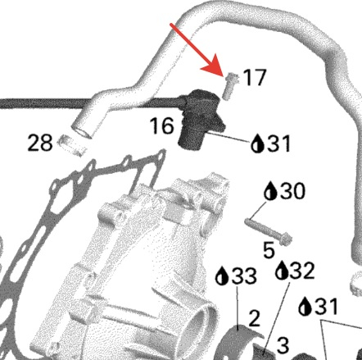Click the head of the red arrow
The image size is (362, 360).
click(215, 66)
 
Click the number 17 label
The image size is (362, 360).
click(254, 77)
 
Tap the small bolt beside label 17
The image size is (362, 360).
click(230, 85)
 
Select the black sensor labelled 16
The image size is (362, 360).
click(201, 118)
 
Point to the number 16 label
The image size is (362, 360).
click(162, 125)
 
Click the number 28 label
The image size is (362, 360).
click(40, 143)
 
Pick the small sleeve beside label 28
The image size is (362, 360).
click(72, 145)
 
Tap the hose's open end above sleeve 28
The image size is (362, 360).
click(81, 132)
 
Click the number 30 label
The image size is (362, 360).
click(292, 191)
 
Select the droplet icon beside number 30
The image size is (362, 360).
click(271, 190)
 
